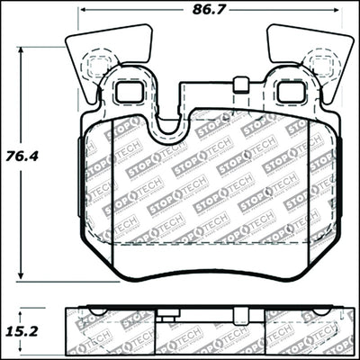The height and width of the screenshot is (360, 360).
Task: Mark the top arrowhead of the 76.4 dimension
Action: (x=22, y=49)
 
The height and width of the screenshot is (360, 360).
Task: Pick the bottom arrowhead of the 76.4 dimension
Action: (x=22, y=276)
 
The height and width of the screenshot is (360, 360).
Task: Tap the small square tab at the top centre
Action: (x=239, y=86)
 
